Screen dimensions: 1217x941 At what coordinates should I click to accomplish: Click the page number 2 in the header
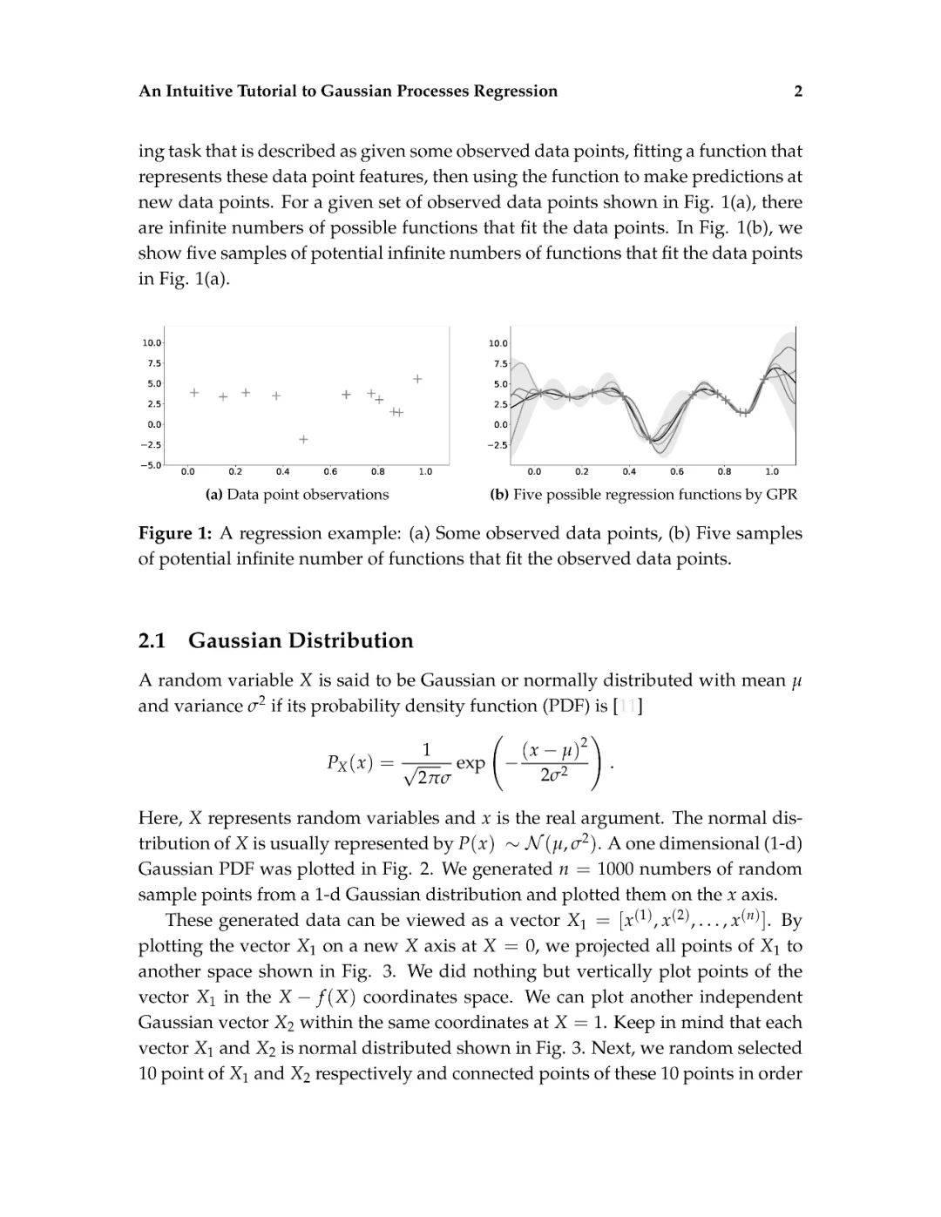[x=797, y=91]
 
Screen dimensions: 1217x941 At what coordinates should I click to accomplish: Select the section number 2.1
[x=152, y=641]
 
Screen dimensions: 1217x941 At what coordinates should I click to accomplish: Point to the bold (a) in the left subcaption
[x=213, y=495]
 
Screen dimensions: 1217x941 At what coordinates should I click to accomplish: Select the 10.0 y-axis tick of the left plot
[x=152, y=342]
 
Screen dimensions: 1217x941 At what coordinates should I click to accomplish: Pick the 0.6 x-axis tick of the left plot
[x=330, y=472]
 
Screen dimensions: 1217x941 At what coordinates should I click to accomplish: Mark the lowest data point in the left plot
[x=303, y=440]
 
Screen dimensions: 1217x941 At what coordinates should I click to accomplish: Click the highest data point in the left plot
[x=417, y=379]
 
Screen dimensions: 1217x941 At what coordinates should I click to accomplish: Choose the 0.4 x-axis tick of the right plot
[x=629, y=472]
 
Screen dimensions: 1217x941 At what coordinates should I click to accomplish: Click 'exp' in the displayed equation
[x=470, y=763]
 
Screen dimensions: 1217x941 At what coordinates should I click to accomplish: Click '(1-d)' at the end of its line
[x=779, y=844]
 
